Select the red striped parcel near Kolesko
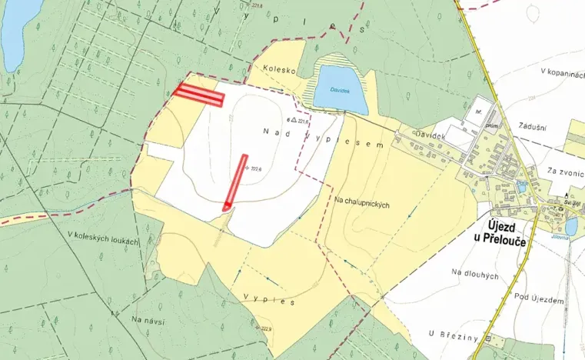[198, 95]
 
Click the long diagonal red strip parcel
[235, 182]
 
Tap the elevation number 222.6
[256, 168]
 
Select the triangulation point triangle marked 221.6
[292, 120]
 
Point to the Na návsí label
[149, 319]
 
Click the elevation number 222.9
[267, 328]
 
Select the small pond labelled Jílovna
[570, 225]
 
